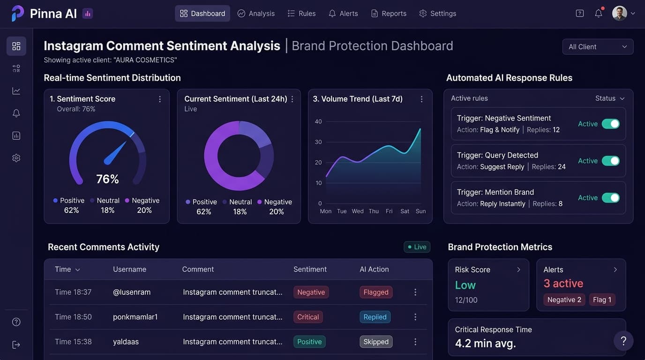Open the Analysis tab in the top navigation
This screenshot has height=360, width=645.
pos(256,14)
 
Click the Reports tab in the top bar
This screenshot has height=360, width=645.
pos(389,14)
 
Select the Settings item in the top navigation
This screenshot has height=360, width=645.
pos(438,14)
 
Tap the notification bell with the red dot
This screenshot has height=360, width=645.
pos(599,13)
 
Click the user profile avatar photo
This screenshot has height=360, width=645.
pos(619,13)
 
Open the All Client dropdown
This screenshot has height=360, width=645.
pos(598,47)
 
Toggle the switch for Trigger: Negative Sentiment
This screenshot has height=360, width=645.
pos(610,124)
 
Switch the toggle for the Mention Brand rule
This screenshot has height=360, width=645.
pos(610,198)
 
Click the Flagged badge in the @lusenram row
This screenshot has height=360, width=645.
pos(376,292)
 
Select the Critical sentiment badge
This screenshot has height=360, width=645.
pos(308,317)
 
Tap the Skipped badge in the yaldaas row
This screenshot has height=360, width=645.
pos(376,342)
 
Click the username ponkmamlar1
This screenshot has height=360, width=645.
pos(135,317)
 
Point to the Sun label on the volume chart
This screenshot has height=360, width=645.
pos(420,211)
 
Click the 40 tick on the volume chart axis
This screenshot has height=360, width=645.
pos(318,121)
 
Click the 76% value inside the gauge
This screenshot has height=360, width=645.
pos(107,179)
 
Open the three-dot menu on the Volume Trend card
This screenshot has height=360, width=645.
pos(421,99)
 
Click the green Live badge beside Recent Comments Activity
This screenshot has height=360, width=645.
pos(417,247)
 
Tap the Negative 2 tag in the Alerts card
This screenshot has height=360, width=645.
pos(564,300)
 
